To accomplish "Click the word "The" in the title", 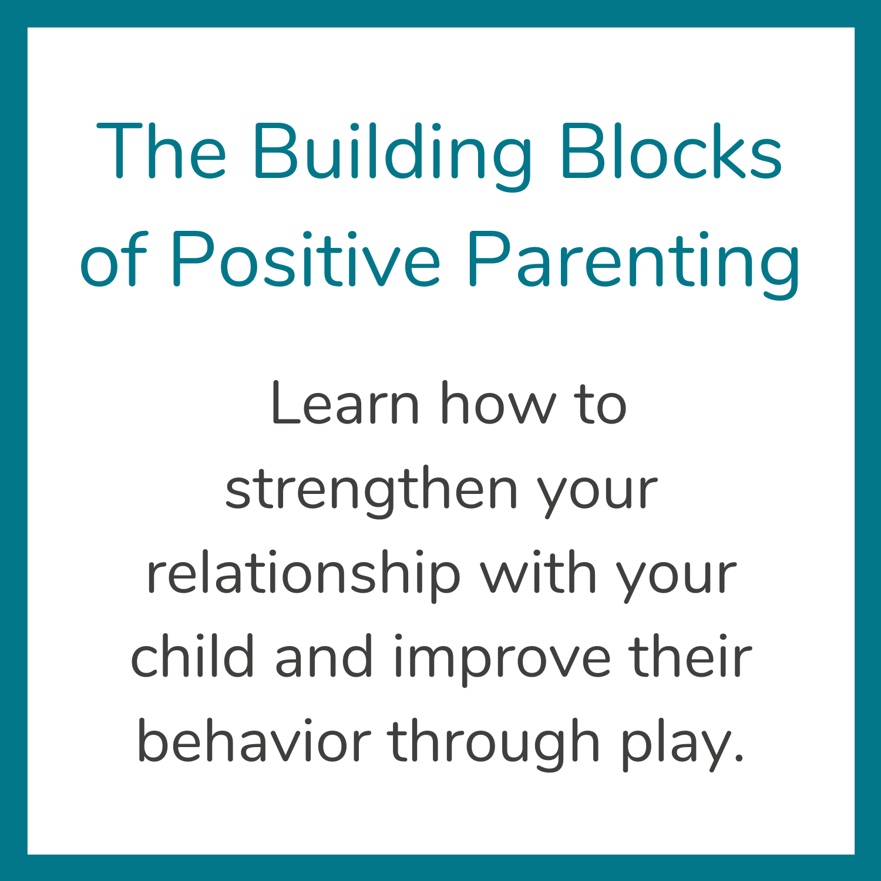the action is pos(162,150).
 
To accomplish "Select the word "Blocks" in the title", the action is pos(671,150).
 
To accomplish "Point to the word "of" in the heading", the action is pos(113,258).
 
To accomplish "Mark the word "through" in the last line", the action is pos(494,744).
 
